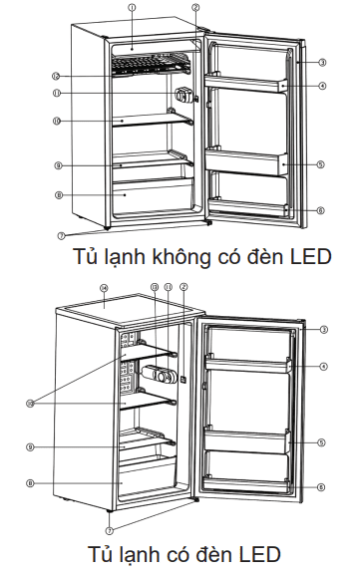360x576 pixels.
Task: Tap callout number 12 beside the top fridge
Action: (57, 75)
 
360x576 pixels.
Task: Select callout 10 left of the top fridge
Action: (57, 122)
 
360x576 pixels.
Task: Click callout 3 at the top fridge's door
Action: (323, 62)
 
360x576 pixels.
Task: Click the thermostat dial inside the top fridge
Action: (185, 97)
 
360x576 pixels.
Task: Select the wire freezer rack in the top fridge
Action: (150, 65)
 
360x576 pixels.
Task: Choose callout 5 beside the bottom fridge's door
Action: (323, 442)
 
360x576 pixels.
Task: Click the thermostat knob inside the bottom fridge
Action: (160, 377)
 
